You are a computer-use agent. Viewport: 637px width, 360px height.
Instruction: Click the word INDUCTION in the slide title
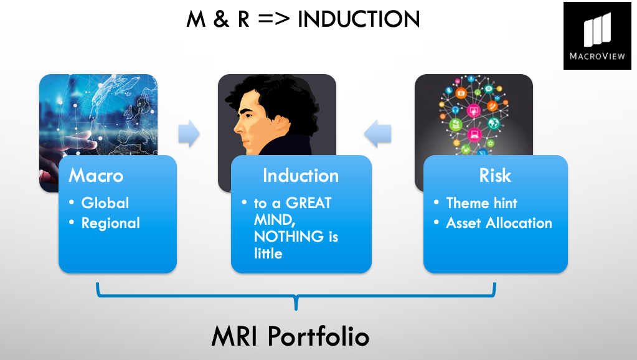[x=358, y=19]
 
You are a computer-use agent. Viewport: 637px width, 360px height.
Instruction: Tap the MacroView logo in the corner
[x=597, y=36]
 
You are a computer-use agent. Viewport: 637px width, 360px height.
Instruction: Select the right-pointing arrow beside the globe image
[x=189, y=133]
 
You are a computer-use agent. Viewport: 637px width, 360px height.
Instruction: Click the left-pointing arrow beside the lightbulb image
[x=377, y=133]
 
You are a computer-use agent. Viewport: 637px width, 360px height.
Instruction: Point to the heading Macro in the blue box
[x=96, y=176]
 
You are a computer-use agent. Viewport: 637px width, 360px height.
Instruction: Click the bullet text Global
[x=105, y=203]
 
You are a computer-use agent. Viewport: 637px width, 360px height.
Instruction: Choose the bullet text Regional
[x=110, y=223]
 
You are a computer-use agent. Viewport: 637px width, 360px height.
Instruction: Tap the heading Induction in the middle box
[x=301, y=176]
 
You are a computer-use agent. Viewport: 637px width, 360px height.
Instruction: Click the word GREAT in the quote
[x=309, y=203]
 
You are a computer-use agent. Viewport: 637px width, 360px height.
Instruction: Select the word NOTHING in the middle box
[x=289, y=237]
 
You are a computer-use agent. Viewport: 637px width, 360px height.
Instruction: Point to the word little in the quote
[x=268, y=253]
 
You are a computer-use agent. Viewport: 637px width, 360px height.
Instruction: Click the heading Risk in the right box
[x=495, y=176]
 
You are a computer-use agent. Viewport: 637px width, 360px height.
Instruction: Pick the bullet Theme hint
[x=481, y=203]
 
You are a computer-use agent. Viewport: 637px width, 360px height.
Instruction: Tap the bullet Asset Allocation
[x=499, y=223]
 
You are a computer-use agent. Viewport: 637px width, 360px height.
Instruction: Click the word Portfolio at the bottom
[x=318, y=336]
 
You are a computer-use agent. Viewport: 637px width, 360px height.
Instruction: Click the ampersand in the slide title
[x=220, y=19]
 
